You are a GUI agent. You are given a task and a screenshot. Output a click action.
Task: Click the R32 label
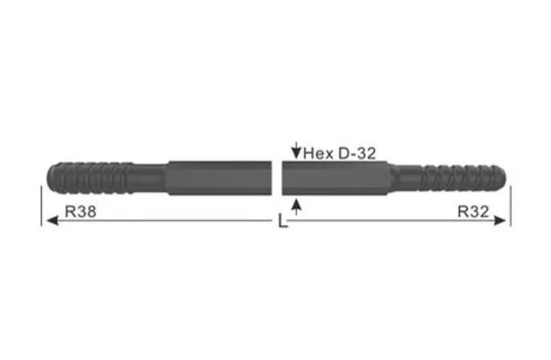coord(473,211)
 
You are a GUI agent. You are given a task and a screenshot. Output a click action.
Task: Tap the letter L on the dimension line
coord(281,222)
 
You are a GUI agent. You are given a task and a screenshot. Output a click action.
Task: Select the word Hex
coord(318,153)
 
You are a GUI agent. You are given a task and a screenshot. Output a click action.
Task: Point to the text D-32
coord(356,153)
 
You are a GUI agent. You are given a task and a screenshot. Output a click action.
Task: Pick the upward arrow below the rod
coord(297,207)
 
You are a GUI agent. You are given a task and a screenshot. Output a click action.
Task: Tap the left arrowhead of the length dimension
coord(49,222)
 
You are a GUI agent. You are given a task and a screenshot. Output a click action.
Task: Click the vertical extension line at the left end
coord(41,207)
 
